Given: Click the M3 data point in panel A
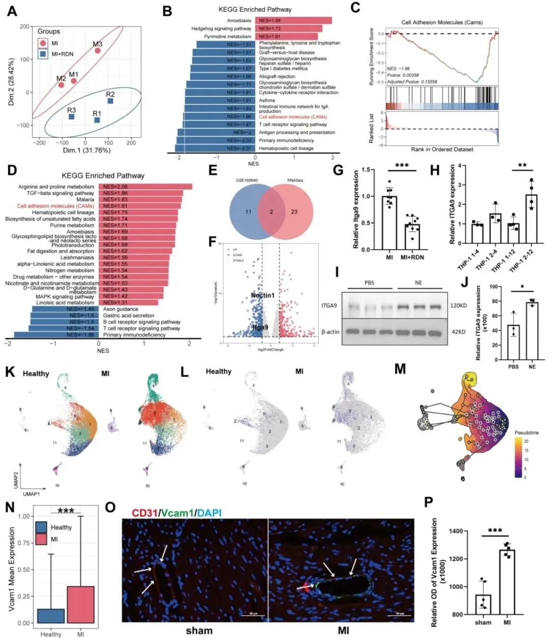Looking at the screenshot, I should click(98, 50).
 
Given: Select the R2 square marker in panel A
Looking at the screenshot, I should click(110, 101).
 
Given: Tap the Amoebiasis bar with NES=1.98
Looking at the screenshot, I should click(293, 20).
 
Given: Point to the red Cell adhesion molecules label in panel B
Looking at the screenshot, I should click(292, 117).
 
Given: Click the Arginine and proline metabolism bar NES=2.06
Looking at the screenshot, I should click(145, 187).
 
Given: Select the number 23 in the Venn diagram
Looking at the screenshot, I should click(294, 211).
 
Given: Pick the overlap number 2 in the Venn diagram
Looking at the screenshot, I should click(271, 211).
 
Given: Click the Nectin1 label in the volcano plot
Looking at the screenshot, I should click(263, 295).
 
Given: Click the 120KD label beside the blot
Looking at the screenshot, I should click(461, 306).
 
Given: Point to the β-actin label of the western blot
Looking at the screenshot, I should click(330, 332).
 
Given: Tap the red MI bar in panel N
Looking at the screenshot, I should click(80, 604).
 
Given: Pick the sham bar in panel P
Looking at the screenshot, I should click(483, 604).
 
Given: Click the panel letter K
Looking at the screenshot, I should click(9, 371).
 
